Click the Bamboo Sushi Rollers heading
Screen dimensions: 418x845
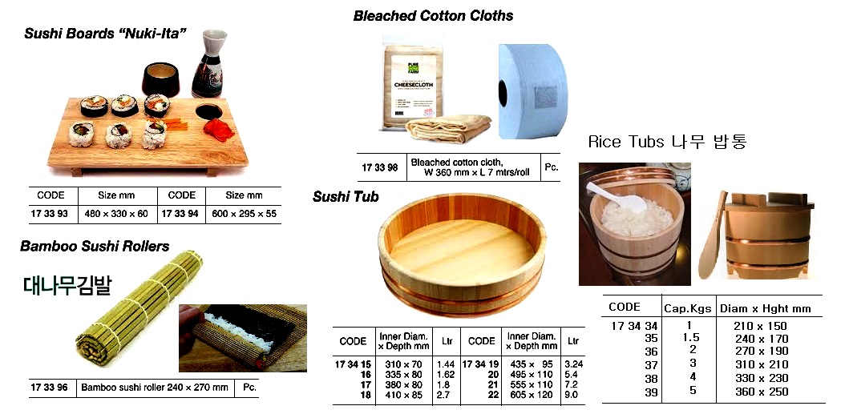click(95, 246)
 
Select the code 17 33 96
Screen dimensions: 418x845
click(51, 387)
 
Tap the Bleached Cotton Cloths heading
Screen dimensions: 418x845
click(433, 16)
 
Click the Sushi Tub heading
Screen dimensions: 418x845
click(346, 197)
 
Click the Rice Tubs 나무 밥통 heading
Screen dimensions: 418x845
click(667, 142)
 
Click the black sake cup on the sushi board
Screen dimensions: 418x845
click(160, 80)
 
